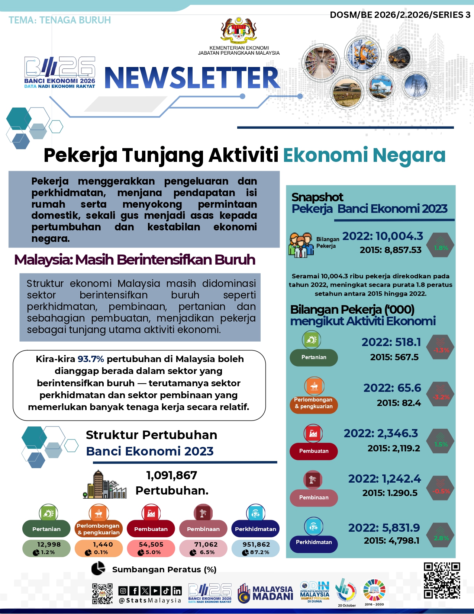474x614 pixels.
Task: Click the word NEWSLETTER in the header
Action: coord(192,78)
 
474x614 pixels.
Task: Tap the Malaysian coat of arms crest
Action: coord(239,31)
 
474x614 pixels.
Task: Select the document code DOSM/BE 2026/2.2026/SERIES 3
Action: coord(400,15)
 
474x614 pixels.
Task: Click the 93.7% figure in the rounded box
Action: coord(91,359)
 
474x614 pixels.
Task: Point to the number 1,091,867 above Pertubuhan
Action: coord(172,475)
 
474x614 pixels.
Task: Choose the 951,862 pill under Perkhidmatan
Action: coord(255,549)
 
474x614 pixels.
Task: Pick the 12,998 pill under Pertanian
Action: coord(46,549)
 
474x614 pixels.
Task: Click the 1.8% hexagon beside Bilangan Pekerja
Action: coord(441,245)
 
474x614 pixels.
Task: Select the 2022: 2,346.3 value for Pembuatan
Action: coord(381,433)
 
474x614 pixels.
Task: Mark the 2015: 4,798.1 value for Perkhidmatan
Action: coord(391,540)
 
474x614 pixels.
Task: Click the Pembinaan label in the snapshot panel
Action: coord(314,498)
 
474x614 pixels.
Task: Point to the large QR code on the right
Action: coord(442,581)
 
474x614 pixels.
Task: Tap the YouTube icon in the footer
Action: coord(155,591)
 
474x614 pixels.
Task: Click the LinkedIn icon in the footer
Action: coord(177,591)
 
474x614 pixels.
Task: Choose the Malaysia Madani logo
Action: coord(265,592)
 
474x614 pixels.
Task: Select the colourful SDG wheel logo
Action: coord(374,590)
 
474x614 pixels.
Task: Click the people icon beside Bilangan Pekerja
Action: coord(301,245)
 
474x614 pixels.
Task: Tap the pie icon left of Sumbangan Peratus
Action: coord(98,569)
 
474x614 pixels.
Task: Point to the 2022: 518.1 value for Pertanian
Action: coord(391,342)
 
